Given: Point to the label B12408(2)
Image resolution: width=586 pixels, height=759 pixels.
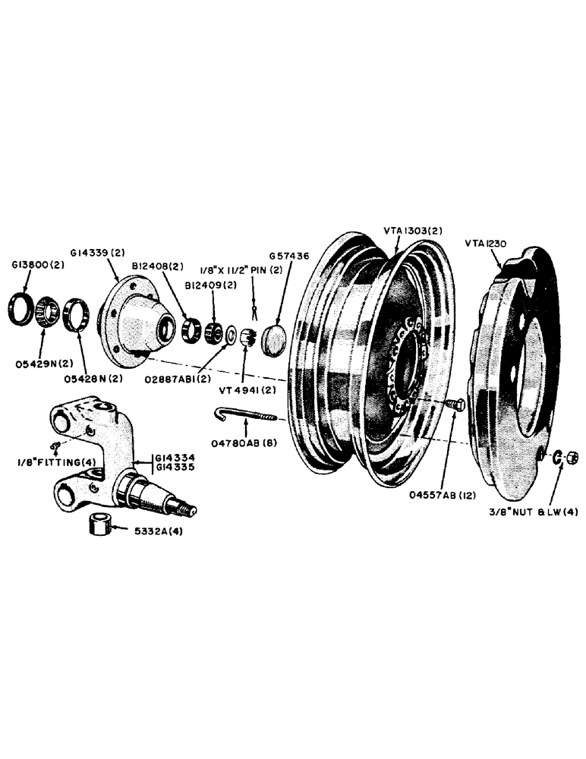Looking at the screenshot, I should [x=158, y=267].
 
